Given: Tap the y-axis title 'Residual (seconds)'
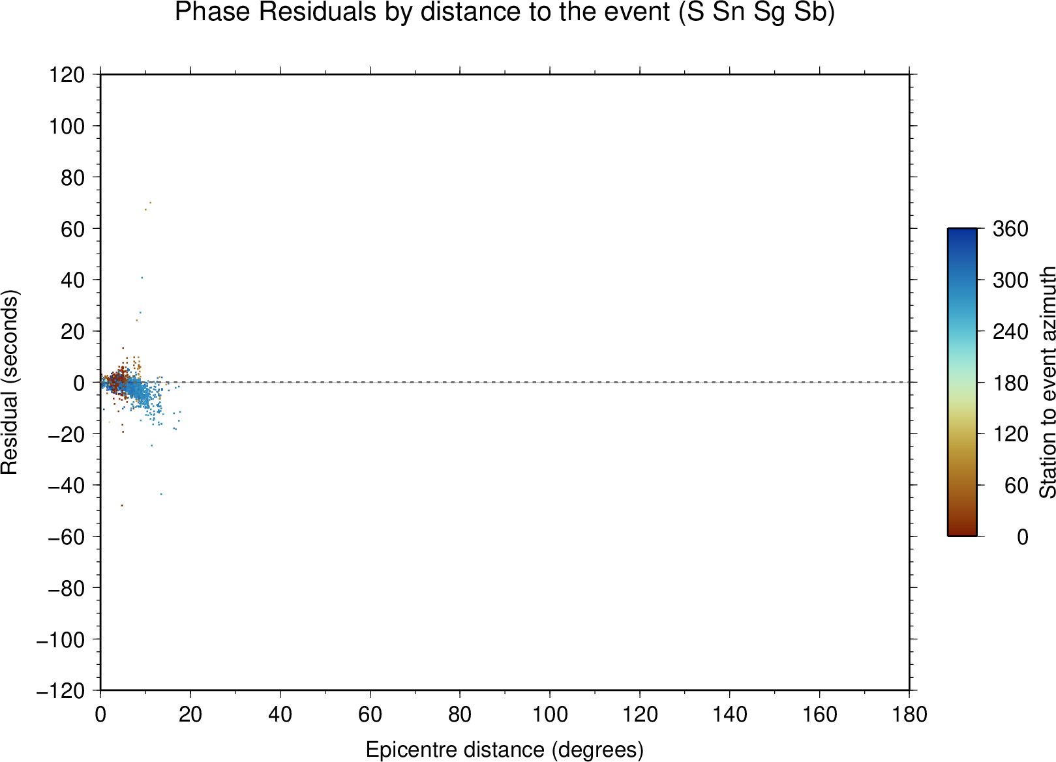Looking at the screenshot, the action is pos(9,382).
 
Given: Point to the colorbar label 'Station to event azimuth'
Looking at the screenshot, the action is pos(1047,382).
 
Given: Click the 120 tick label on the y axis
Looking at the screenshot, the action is pos(67,74).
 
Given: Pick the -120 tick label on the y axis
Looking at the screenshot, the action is pos(61,691).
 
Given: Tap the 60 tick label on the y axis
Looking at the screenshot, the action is pos(72,229).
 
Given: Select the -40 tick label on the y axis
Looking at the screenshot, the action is pos(67,486).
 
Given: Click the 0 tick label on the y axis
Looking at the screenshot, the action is pos(79,383).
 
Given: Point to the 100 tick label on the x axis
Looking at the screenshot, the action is pos(550,715).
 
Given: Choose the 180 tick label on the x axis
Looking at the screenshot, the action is pos(909,715).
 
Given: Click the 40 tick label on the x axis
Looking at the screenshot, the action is pos(280,715).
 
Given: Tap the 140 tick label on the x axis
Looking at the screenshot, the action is pos(729,715).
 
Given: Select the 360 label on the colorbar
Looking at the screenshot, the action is pos(1010,229).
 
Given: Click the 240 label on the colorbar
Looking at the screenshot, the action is pos(1010,332).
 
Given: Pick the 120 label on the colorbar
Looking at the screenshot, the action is pos(1010,434).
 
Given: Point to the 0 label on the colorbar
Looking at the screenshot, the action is pos(1022,536).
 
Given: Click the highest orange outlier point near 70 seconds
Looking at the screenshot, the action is pos(151,203).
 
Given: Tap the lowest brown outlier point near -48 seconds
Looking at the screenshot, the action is pos(122,506).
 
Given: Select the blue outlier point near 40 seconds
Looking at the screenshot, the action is pos(142,278).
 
